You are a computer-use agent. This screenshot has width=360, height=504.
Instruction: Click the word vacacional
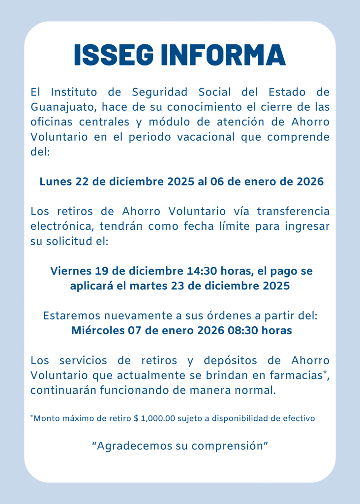coord(204,136)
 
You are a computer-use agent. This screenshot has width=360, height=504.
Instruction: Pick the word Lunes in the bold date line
coord(56,181)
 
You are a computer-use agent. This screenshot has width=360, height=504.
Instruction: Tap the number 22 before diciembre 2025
coord(82,181)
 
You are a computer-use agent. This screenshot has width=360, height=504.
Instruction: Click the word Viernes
coord(71,271)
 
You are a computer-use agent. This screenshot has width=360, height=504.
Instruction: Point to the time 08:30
coord(244,331)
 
